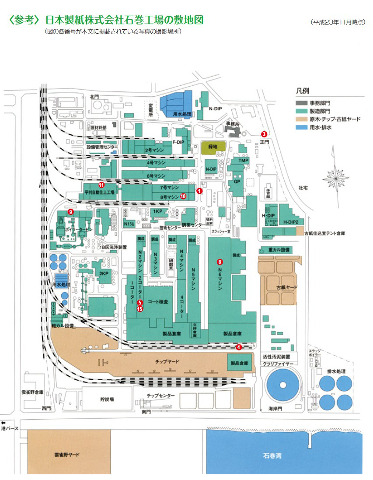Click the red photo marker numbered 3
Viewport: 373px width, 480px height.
click(x=264, y=133)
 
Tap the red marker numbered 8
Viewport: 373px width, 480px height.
click(x=220, y=262)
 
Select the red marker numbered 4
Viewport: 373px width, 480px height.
click(x=238, y=347)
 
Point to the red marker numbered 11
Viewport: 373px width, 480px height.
click(x=101, y=185)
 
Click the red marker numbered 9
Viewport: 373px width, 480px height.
click(x=70, y=212)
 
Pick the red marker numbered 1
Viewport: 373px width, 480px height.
click(x=199, y=191)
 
